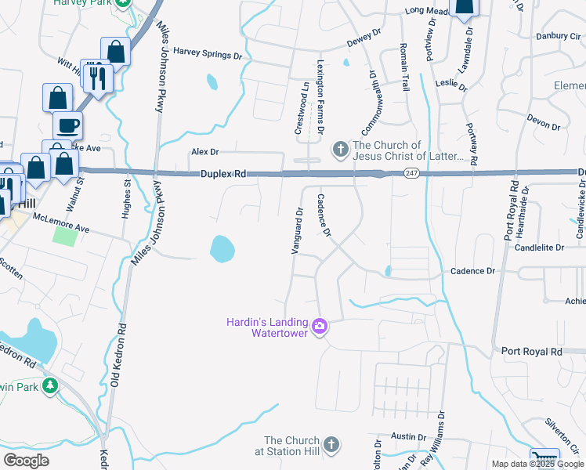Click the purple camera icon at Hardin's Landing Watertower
point(319,326)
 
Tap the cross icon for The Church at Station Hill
point(331,445)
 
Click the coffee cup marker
point(67,125)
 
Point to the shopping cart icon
point(544,459)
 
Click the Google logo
point(26,461)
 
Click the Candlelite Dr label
point(539,247)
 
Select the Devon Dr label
point(544,121)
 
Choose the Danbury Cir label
point(557,35)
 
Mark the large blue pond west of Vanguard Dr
point(222,249)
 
